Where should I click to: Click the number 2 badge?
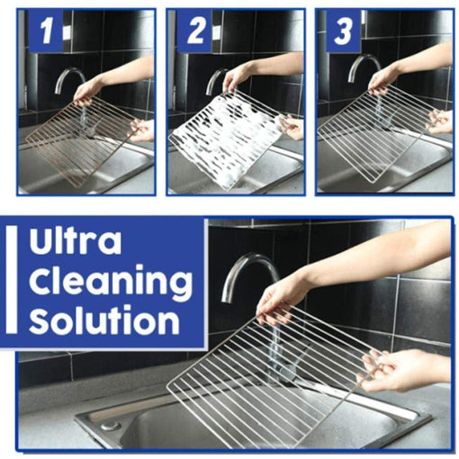tap(193, 33)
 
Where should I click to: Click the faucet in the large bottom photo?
tap(246, 270)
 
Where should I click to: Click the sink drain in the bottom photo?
tap(111, 424)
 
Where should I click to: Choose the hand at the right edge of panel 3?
tap(439, 121)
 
